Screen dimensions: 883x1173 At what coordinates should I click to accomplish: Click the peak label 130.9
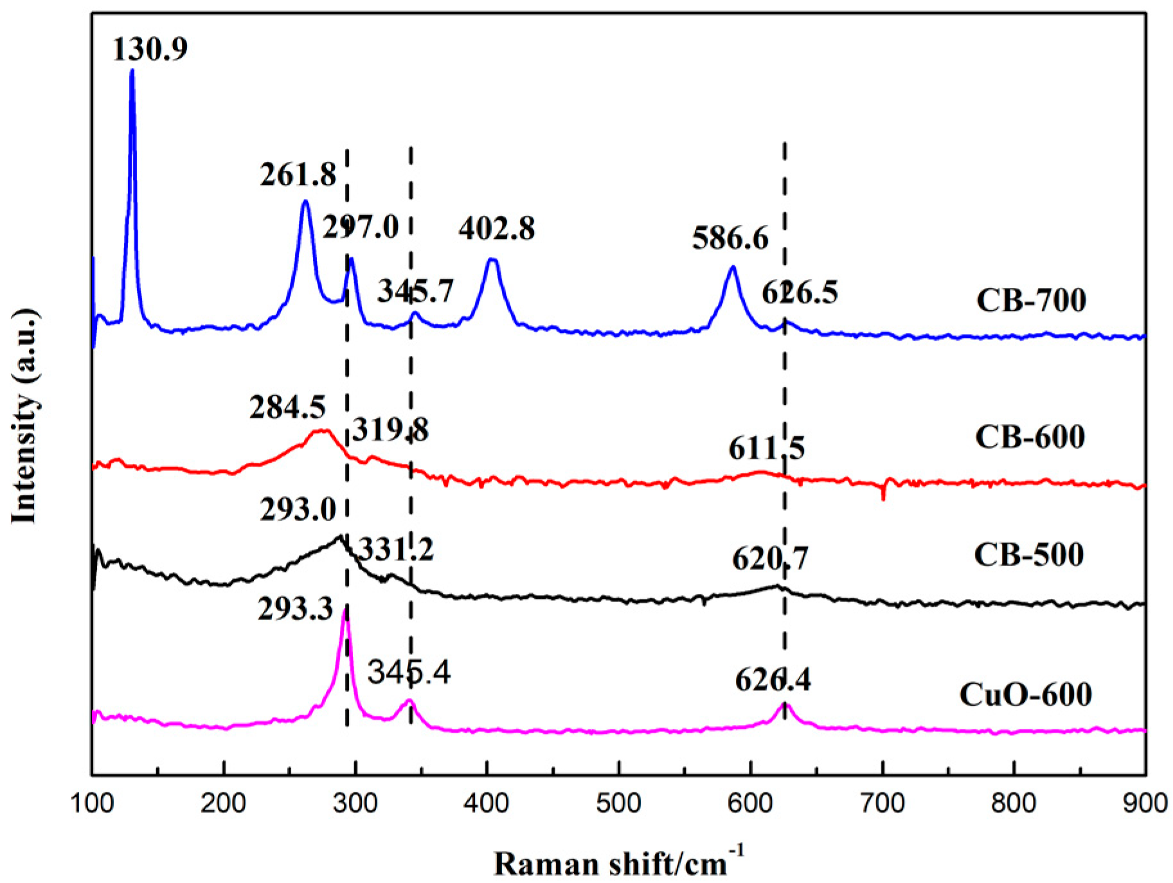click(x=150, y=49)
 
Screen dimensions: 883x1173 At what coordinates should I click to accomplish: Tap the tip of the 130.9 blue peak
click(x=132, y=71)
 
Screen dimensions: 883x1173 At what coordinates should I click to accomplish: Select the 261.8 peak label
click(x=298, y=175)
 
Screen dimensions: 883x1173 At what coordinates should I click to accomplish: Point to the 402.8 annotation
click(x=496, y=229)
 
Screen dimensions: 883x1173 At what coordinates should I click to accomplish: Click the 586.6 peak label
click(x=730, y=238)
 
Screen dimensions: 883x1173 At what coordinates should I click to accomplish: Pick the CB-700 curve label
click(x=1031, y=301)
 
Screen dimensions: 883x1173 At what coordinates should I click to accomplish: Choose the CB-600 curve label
click(x=1030, y=437)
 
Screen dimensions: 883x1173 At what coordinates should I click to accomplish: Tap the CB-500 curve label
click(x=1028, y=555)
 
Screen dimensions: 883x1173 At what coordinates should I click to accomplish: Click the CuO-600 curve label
click(x=1025, y=695)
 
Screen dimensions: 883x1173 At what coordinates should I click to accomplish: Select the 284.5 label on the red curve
click(x=287, y=407)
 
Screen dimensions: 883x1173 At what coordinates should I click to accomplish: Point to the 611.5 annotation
click(x=766, y=448)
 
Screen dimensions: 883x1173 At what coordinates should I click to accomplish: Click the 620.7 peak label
click(x=770, y=558)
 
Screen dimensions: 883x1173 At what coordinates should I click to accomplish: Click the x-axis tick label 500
click(x=618, y=804)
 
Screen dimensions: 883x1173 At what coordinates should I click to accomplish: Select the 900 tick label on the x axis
click(x=1144, y=804)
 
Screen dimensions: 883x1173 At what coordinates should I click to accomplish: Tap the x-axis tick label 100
click(x=92, y=804)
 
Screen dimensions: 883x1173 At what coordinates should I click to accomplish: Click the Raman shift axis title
click(x=618, y=863)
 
